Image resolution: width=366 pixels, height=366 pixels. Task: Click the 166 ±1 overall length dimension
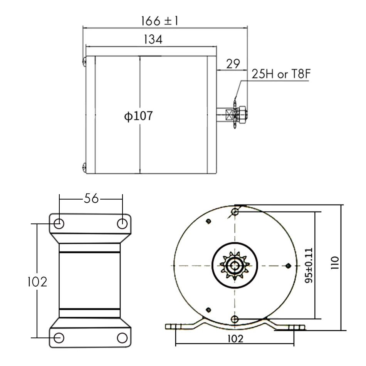[159, 21]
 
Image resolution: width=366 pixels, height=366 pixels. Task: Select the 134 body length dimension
[153, 39]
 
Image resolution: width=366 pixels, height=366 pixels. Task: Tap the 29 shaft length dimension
[233, 64]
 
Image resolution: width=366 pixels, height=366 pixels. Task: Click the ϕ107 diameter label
[138, 116]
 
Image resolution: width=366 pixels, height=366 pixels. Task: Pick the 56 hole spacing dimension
[91, 198]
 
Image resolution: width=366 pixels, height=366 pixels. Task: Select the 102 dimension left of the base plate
[37, 282]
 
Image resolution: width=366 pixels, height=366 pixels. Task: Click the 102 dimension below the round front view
[235, 339]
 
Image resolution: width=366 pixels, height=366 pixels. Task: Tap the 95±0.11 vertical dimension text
[309, 265]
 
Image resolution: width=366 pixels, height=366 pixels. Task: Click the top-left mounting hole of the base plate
[59, 223]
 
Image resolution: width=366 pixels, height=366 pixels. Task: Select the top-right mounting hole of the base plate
[122, 223]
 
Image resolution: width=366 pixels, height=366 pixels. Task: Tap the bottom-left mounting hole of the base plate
[59, 337]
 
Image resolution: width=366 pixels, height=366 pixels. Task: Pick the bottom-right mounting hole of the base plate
[122, 337]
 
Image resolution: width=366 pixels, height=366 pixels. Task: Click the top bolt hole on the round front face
[235, 212]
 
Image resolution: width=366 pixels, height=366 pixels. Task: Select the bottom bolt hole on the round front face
[235, 318]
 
